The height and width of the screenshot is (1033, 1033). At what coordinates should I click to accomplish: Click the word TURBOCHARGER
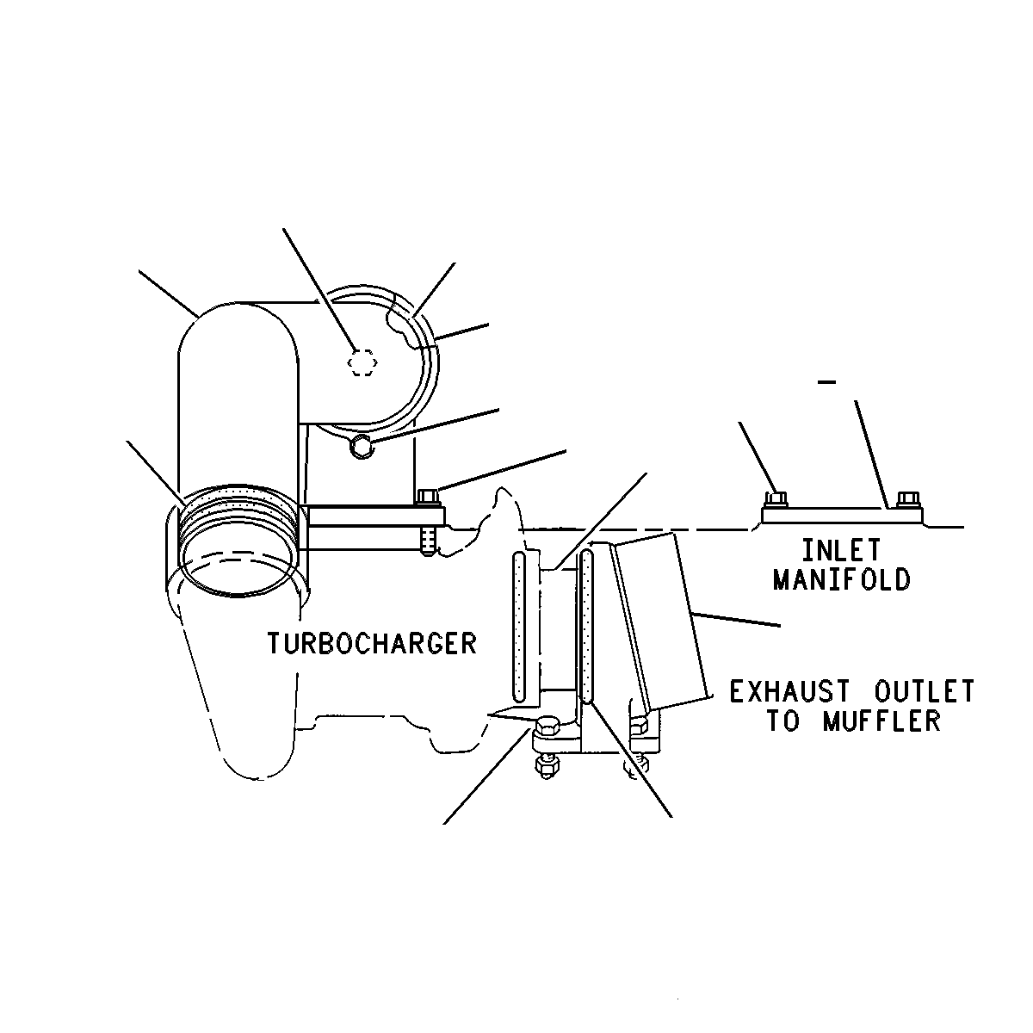click(372, 643)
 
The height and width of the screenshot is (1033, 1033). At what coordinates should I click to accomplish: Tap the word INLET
click(841, 550)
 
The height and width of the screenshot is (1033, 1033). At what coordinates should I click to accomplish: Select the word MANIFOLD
click(842, 579)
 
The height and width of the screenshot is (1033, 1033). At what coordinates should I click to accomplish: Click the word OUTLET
click(925, 691)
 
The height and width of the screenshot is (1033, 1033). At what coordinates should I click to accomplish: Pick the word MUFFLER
click(881, 721)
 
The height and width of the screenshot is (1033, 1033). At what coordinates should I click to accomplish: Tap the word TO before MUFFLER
click(783, 721)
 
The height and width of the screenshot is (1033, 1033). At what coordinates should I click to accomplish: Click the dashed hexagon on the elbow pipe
click(362, 363)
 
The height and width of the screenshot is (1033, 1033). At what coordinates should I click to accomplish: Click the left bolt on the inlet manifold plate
click(776, 499)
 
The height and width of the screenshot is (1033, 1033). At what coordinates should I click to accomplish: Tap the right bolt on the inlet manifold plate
click(908, 499)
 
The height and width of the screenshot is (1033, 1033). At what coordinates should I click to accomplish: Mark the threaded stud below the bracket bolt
click(427, 541)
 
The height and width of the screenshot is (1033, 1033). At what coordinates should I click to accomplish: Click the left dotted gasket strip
click(519, 627)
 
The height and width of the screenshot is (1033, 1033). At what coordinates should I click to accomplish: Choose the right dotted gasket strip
click(587, 626)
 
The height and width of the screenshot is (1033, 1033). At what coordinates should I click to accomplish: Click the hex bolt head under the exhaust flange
click(547, 728)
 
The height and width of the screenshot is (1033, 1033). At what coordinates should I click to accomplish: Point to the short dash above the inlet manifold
click(827, 382)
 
